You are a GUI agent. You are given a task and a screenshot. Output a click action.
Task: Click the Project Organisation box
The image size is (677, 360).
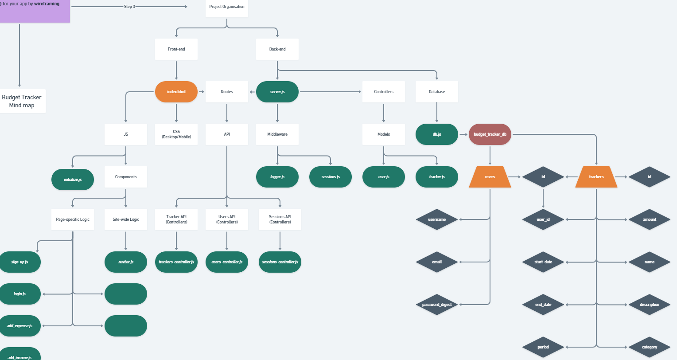(227, 7)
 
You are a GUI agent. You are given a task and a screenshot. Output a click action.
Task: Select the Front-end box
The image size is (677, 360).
(176, 49)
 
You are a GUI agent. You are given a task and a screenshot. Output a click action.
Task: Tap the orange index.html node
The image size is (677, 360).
(176, 92)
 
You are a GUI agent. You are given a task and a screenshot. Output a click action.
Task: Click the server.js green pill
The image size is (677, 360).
(277, 92)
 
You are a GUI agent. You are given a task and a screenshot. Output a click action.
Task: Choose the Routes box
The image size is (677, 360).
(227, 92)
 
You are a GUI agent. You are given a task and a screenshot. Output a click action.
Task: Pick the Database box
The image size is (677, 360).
(437, 92)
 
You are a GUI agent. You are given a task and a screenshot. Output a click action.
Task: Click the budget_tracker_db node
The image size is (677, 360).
(490, 134)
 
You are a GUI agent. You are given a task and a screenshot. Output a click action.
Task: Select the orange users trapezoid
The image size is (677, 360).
(490, 177)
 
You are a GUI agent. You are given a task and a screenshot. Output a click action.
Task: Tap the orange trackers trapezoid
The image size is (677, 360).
(596, 177)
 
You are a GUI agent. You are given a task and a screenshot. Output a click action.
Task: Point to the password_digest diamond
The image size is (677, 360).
(437, 305)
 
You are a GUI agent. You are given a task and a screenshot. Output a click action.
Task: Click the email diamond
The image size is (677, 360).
(437, 262)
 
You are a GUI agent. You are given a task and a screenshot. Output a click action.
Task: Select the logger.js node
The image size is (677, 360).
(277, 177)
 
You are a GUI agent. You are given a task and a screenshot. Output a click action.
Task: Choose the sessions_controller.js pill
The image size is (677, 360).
(280, 262)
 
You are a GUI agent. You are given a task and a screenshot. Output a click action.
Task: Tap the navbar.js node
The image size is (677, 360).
(126, 262)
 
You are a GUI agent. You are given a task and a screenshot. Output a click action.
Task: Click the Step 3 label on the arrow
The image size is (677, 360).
(129, 7)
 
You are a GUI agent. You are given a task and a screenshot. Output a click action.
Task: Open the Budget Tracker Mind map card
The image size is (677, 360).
(22, 101)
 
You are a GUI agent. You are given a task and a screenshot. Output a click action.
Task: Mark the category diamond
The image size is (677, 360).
(650, 347)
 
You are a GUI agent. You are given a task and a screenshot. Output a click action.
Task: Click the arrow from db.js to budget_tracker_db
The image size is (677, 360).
(463, 134)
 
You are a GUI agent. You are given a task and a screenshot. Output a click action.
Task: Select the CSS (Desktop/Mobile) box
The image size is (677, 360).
(176, 134)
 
